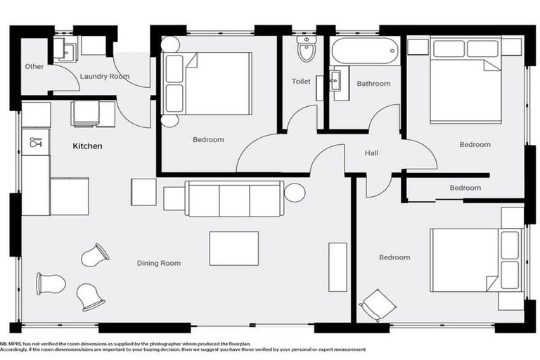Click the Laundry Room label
pos(105,76)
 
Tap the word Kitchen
pos(88,146)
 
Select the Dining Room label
pos(158,263)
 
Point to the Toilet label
pos(301,82)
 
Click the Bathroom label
pos(373,84)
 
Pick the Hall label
pos(372,153)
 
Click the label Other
pos(34,67)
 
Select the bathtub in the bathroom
pos(365,51)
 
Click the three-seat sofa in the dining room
pos(234,199)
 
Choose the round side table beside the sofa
pos(294,192)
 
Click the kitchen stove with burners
pos(86,113)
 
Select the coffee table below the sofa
pos(233,248)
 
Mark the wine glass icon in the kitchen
pos(34,143)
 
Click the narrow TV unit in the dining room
pos(337,266)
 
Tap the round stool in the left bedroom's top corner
pos(170,44)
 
